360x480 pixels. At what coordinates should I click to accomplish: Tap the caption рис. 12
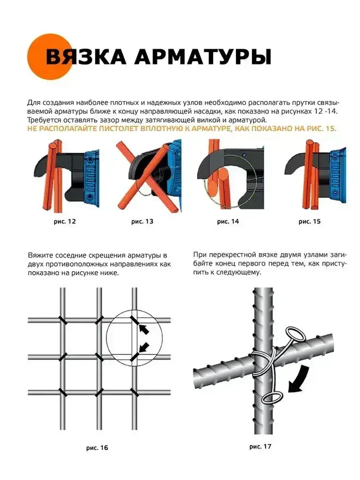(64, 221)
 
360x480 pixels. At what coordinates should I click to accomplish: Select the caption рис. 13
(142, 221)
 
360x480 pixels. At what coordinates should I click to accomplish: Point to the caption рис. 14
(228, 221)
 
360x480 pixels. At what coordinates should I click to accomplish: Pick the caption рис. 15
(310, 221)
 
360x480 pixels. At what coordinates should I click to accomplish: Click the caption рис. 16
(97, 448)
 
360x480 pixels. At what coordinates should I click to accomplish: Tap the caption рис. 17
(260, 447)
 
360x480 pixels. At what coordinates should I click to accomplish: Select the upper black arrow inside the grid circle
(144, 329)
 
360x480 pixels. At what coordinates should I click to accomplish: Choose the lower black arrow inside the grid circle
(144, 347)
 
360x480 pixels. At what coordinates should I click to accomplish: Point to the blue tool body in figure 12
(91, 178)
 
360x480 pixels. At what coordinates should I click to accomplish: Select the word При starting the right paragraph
(199, 255)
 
